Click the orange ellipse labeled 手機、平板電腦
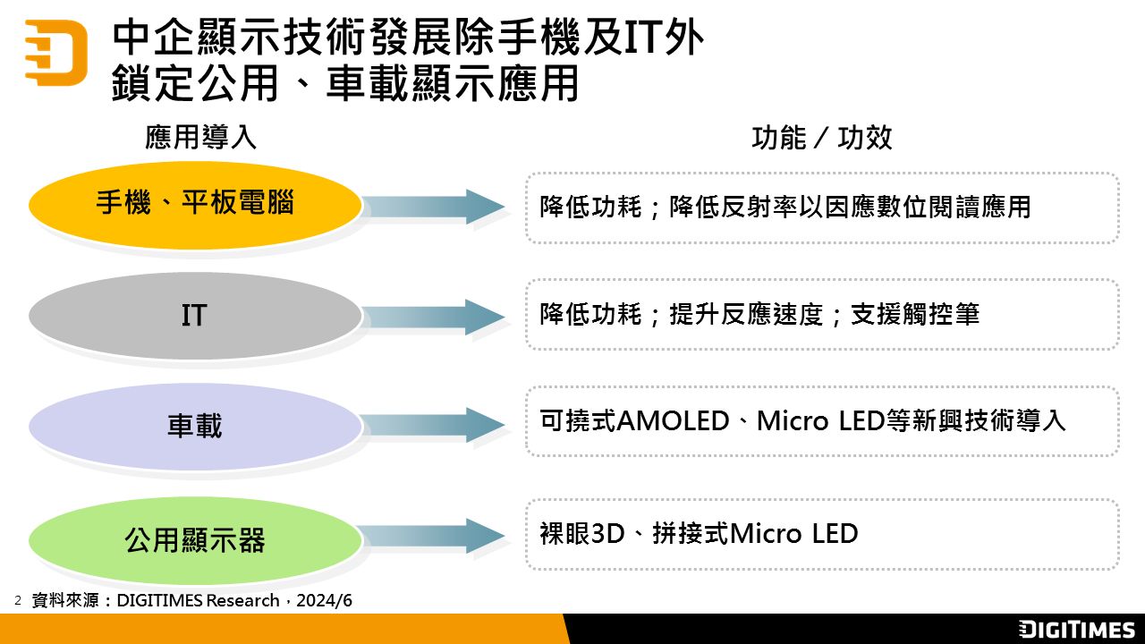[195, 205]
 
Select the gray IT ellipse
[195, 315]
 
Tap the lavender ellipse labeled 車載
[195, 426]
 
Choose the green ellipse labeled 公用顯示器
[195, 539]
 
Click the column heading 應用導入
[200, 138]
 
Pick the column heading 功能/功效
[821, 138]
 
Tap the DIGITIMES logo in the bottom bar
[1077, 630]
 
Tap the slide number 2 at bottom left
[18, 599]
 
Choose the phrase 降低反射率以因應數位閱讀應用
[850, 207]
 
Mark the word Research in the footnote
[242, 600]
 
